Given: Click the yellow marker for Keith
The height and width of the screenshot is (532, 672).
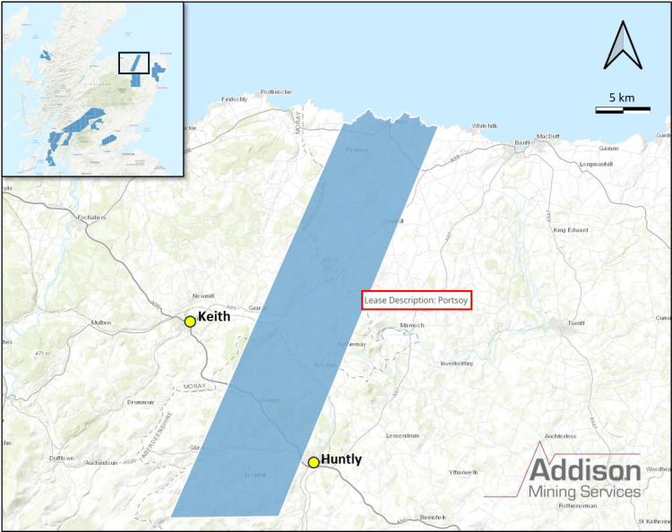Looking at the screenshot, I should point(190,322).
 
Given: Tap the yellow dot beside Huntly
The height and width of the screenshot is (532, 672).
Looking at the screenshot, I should point(314,462).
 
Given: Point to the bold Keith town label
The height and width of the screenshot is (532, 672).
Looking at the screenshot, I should point(214,317).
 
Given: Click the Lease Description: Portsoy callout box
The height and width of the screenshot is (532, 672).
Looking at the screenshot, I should point(416,300).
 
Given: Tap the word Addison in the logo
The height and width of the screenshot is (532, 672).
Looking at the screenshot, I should point(584,471).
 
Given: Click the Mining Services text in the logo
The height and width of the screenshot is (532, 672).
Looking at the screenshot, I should point(584,492).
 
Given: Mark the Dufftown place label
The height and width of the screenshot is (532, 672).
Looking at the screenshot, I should point(62,458).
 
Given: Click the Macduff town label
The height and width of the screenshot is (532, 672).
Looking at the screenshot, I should point(547,136).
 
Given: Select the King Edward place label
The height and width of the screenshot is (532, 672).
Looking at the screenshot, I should point(572,231).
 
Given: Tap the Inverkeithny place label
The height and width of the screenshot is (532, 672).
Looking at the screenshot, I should point(461,364).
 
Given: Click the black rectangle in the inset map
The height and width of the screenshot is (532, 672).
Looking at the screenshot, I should point(134,63).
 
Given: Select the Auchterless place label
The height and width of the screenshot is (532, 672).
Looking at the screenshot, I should point(561,436).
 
